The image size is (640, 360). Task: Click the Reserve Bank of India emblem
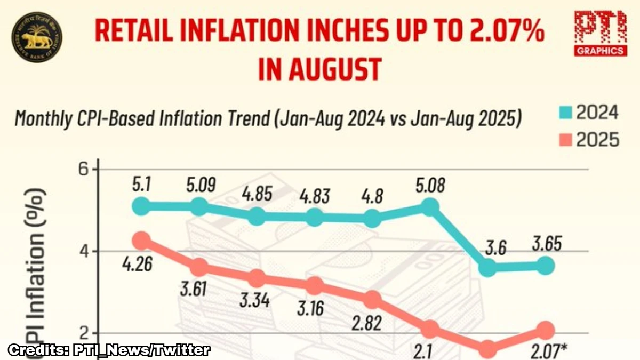(36, 37)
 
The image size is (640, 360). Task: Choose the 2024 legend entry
(589, 113)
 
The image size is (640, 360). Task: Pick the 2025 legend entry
(589, 140)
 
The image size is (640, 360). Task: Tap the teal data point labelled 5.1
(141, 206)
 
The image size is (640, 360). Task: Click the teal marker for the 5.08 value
(430, 206)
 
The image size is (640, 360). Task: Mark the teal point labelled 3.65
(545, 265)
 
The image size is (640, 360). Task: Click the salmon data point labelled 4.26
(141, 241)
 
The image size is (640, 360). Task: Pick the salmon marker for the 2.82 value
(372, 300)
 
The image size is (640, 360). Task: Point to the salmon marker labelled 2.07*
(545, 331)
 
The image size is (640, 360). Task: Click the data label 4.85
(257, 193)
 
